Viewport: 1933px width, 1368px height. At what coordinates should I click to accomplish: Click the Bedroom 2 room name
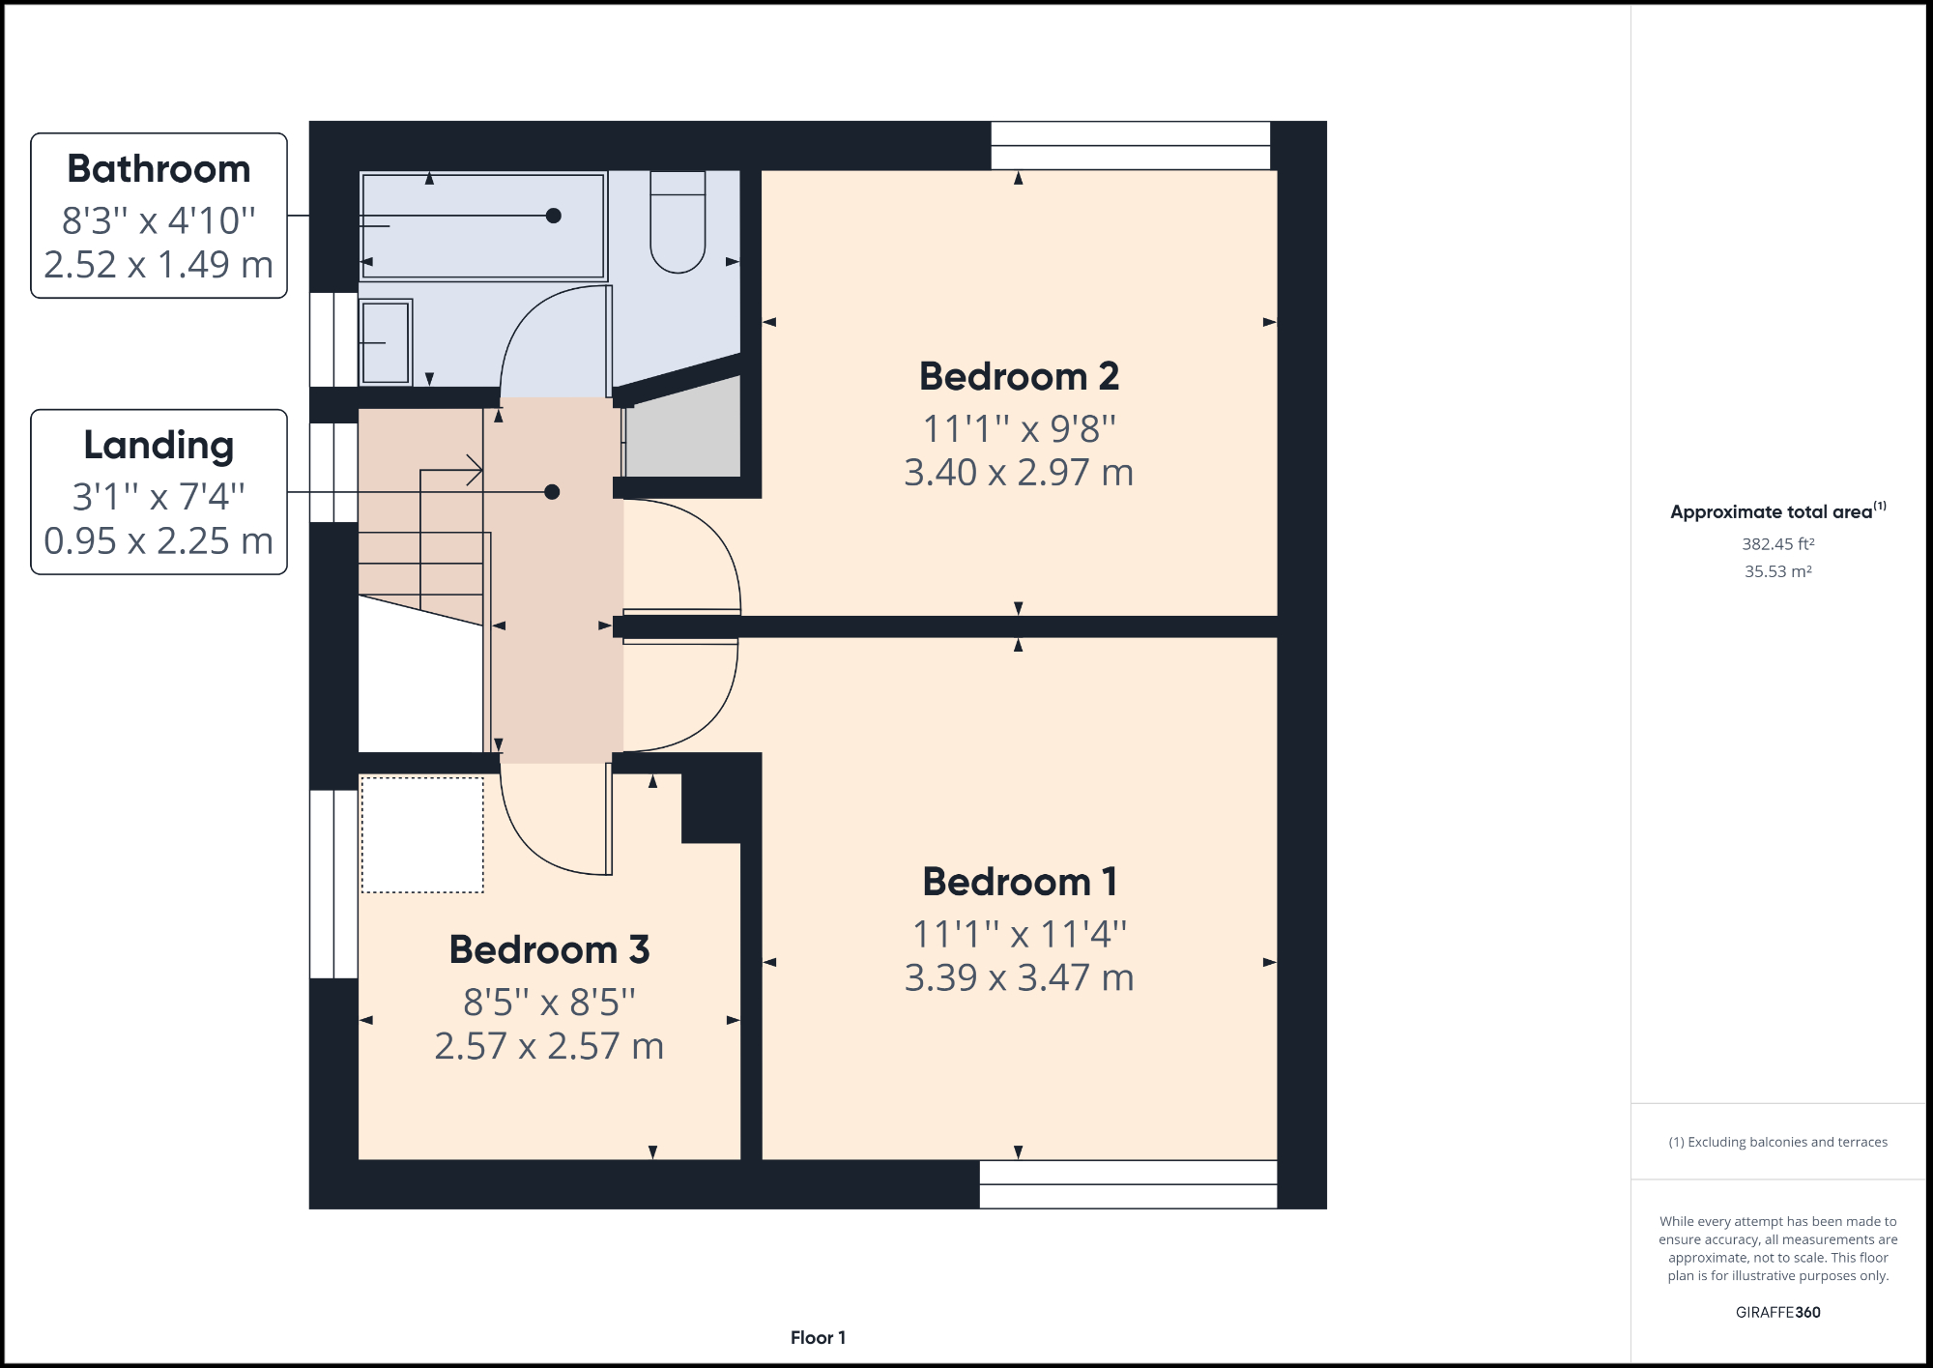pyautogui.click(x=1019, y=376)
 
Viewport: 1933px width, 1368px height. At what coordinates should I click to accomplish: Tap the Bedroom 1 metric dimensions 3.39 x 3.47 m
pyautogui.click(x=1019, y=977)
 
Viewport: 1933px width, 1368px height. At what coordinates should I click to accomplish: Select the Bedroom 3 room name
pyautogui.click(x=549, y=949)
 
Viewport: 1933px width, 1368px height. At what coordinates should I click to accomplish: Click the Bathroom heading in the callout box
pyautogui.click(x=159, y=169)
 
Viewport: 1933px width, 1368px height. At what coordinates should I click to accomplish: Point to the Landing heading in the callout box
pyautogui.click(x=159, y=446)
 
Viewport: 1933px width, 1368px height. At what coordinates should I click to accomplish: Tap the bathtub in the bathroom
pyautogui.click(x=482, y=226)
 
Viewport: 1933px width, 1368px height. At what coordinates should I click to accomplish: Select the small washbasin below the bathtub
pyautogui.click(x=386, y=341)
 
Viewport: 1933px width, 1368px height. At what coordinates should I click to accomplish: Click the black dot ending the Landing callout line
pyautogui.click(x=552, y=492)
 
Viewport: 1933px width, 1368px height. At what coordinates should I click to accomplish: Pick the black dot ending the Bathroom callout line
pyautogui.click(x=554, y=216)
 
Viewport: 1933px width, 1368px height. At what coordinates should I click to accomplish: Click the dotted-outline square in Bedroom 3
pyautogui.click(x=422, y=834)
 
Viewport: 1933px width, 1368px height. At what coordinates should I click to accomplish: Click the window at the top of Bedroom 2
pyautogui.click(x=1130, y=145)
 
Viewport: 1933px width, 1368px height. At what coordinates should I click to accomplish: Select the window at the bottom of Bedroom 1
pyautogui.click(x=1128, y=1184)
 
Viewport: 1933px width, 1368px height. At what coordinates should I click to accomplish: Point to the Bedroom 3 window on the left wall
pyautogui.click(x=333, y=884)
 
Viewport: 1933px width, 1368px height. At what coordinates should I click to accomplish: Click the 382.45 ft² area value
pyautogui.click(x=1777, y=544)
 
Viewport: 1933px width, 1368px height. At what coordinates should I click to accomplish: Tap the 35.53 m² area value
pyautogui.click(x=1777, y=571)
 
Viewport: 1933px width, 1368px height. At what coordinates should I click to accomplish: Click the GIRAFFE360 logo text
pyautogui.click(x=1777, y=1312)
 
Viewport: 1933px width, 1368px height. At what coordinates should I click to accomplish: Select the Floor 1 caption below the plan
pyautogui.click(x=818, y=1337)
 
